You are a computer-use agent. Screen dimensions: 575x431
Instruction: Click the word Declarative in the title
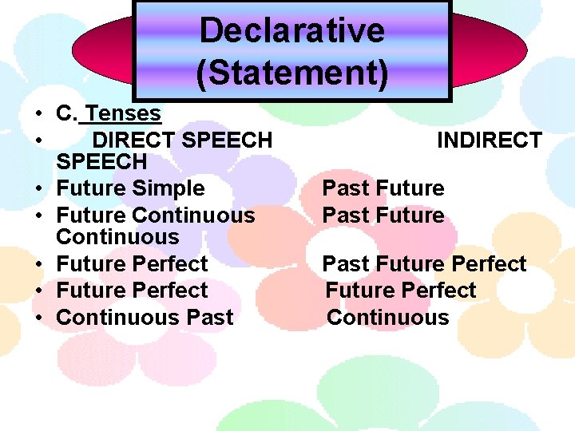point(291,31)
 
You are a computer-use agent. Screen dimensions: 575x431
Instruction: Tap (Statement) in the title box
point(291,71)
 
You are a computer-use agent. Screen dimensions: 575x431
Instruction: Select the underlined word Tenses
point(124,114)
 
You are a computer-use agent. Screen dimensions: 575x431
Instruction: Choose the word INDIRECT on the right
point(489,140)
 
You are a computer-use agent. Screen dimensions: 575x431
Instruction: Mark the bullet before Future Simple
point(38,190)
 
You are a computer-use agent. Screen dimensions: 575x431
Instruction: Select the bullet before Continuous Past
point(38,318)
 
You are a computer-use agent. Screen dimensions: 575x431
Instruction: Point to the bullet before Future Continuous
point(38,216)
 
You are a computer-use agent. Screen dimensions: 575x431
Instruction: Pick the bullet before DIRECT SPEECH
point(38,142)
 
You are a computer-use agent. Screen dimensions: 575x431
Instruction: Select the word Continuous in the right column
point(387,317)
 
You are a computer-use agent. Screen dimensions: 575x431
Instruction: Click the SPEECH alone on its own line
point(101,162)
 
